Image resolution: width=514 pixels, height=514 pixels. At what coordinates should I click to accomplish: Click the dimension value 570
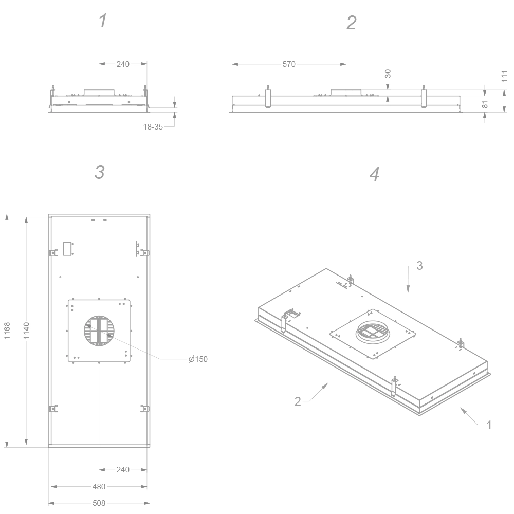coord(289,64)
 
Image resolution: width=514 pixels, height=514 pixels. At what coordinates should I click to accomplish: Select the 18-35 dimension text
coord(153,126)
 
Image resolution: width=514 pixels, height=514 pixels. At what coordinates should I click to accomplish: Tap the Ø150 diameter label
coord(198,359)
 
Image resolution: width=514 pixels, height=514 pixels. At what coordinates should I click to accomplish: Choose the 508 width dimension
coord(99,503)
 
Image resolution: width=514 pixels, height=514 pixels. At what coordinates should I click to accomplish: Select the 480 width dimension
coord(99,486)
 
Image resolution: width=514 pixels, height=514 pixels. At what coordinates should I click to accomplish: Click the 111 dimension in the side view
coord(504,76)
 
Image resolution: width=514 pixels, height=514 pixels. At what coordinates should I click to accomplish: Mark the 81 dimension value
coord(485,104)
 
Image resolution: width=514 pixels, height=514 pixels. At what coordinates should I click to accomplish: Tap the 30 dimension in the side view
coord(388,74)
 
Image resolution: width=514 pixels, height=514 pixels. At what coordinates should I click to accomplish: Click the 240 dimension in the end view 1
coord(123,64)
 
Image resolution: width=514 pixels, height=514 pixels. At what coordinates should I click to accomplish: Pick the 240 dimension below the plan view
coord(123,469)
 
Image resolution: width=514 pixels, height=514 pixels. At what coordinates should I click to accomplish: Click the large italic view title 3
coord(99,172)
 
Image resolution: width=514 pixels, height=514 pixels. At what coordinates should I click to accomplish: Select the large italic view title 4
coord(374,174)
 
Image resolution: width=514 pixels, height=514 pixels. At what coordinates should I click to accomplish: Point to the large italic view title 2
coord(351,23)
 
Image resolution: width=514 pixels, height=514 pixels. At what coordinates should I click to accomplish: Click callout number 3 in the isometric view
coord(419,266)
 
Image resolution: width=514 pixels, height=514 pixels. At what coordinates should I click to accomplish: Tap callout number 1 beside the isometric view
coord(489,425)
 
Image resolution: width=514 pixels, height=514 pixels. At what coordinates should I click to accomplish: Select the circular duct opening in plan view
coord(99,331)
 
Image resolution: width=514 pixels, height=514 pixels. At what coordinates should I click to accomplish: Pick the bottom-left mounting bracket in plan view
coord(52,409)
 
